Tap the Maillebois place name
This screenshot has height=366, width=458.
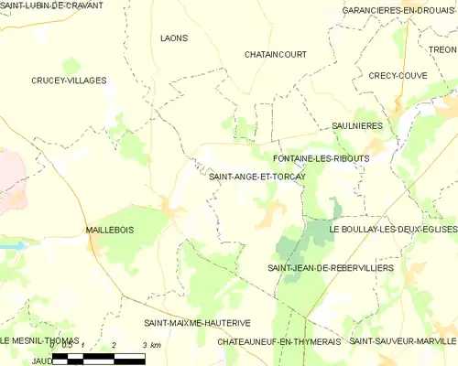pos(109,230)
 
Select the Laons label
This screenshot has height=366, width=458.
pos(173,38)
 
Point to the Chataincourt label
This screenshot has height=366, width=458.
pos(275,55)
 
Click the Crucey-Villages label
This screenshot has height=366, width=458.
pos(69,81)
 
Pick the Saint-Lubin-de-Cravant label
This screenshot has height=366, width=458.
pos(51,5)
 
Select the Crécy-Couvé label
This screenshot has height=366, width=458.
pos(398,76)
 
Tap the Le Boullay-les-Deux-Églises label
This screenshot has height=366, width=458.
pos(393,229)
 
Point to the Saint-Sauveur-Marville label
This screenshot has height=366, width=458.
pos(403,340)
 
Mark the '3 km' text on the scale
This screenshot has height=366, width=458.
pos(152,345)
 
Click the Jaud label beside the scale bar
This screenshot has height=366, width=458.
pos(41,361)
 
